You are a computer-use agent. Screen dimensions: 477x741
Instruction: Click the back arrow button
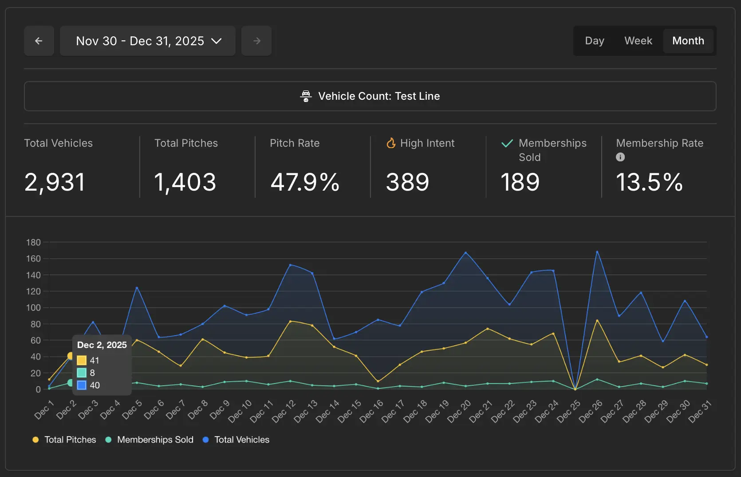pyautogui.click(x=39, y=41)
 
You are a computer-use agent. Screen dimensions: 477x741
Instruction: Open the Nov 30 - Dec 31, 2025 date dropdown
pyautogui.click(x=147, y=41)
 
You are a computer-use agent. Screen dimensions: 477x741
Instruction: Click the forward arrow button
pyautogui.click(x=256, y=41)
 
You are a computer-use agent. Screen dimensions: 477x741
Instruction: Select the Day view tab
pyautogui.click(x=595, y=41)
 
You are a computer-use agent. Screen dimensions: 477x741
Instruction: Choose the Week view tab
pyautogui.click(x=638, y=41)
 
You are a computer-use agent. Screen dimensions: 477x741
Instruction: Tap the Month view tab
pyautogui.click(x=688, y=41)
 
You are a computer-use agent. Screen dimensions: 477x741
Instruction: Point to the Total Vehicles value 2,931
pyautogui.click(x=55, y=182)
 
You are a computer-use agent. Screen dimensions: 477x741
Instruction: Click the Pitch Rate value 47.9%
pyautogui.click(x=305, y=182)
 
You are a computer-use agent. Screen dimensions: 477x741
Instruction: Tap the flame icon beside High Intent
pyautogui.click(x=391, y=143)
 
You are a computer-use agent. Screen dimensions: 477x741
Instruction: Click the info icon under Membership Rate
pyautogui.click(x=620, y=157)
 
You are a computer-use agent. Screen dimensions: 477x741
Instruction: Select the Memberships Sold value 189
pyautogui.click(x=520, y=182)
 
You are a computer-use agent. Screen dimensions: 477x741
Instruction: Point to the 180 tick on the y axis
pyautogui.click(x=33, y=242)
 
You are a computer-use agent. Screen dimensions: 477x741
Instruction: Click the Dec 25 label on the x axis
pyautogui.click(x=569, y=411)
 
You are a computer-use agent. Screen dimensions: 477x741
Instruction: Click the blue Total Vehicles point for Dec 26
pyautogui.click(x=597, y=252)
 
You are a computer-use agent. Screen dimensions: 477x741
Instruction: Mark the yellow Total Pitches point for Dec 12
pyautogui.click(x=290, y=321)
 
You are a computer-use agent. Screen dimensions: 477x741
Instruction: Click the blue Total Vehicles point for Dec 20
pyautogui.click(x=465, y=253)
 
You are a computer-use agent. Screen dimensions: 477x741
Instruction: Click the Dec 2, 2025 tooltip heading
pyautogui.click(x=102, y=345)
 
